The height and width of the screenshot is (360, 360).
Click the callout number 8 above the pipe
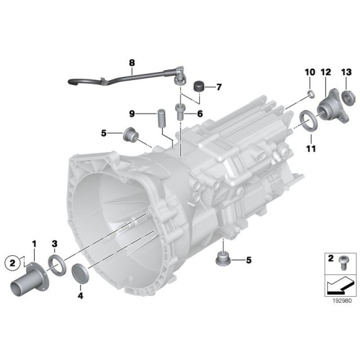[132, 63]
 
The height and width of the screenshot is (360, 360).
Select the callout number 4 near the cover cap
[79, 295]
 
